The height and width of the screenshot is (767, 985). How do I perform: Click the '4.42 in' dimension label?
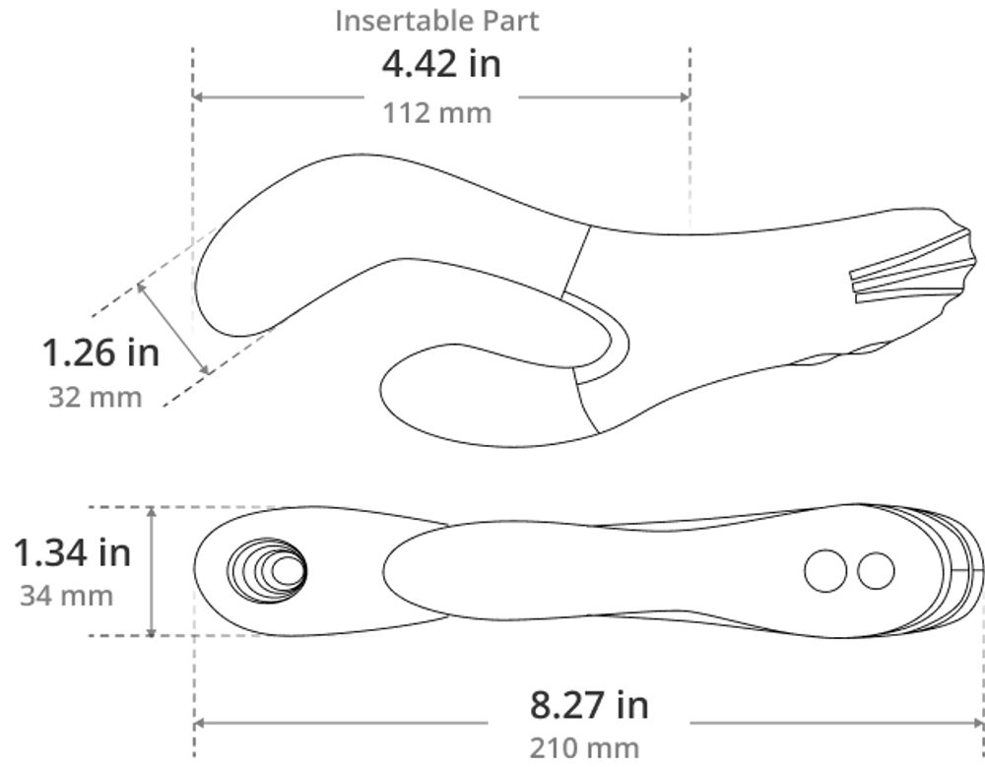coord(441,64)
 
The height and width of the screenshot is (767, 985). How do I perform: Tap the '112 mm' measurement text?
coord(437,113)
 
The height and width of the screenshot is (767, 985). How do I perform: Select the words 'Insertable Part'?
coord(436,21)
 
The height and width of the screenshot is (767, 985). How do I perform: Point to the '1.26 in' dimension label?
coord(100,352)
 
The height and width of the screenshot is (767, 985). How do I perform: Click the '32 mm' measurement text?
coord(95,398)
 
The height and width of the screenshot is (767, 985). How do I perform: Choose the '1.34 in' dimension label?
coord(72,552)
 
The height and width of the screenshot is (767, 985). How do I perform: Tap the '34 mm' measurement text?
coord(67,596)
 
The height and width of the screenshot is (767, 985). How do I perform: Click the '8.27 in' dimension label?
coord(589,704)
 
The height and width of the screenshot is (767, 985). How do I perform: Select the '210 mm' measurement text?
coord(584,748)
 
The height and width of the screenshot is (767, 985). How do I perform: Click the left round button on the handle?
coord(825,570)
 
